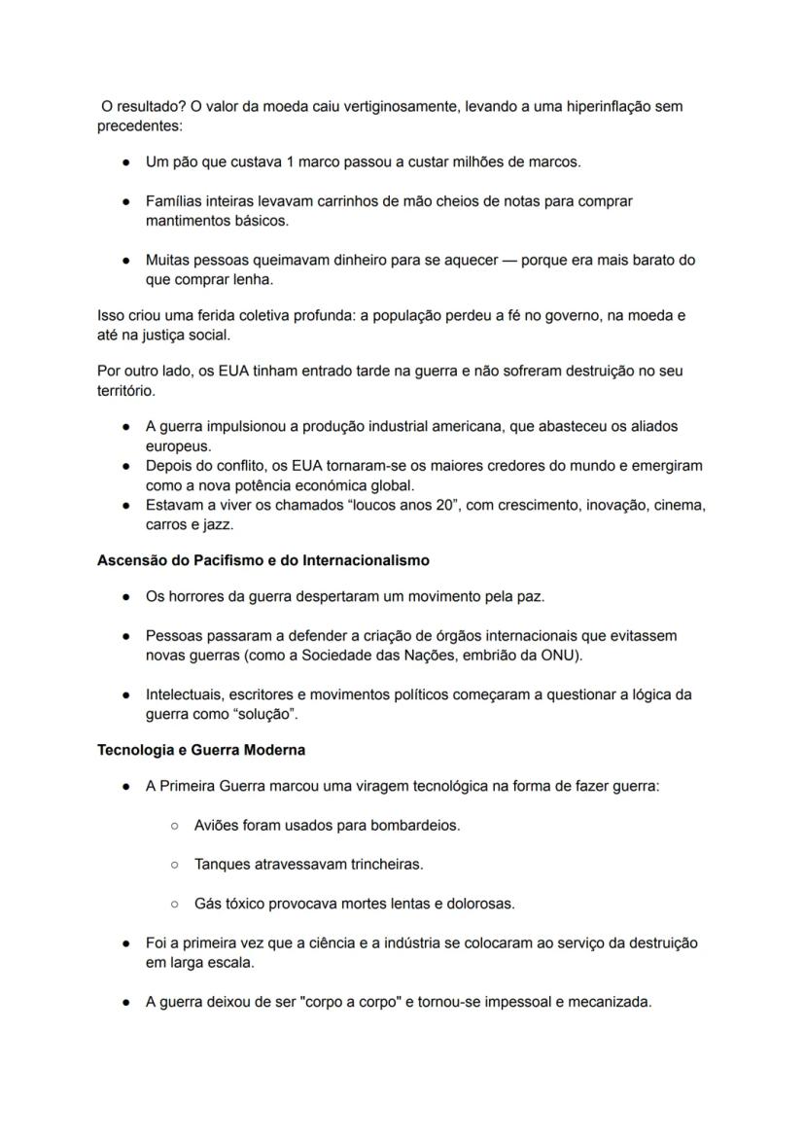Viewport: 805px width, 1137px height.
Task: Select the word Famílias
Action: (x=175, y=201)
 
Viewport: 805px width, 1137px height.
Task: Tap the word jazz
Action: (x=220, y=525)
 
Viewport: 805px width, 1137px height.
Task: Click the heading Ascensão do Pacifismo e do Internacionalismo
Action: (x=262, y=561)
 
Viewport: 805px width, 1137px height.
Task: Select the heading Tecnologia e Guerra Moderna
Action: (x=201, y=750)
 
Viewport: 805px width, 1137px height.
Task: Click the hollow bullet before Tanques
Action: (x=174, y=864)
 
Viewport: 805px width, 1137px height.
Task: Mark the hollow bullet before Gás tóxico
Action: (x=174, y=904)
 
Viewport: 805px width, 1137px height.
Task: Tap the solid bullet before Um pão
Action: (x=126, y=161)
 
